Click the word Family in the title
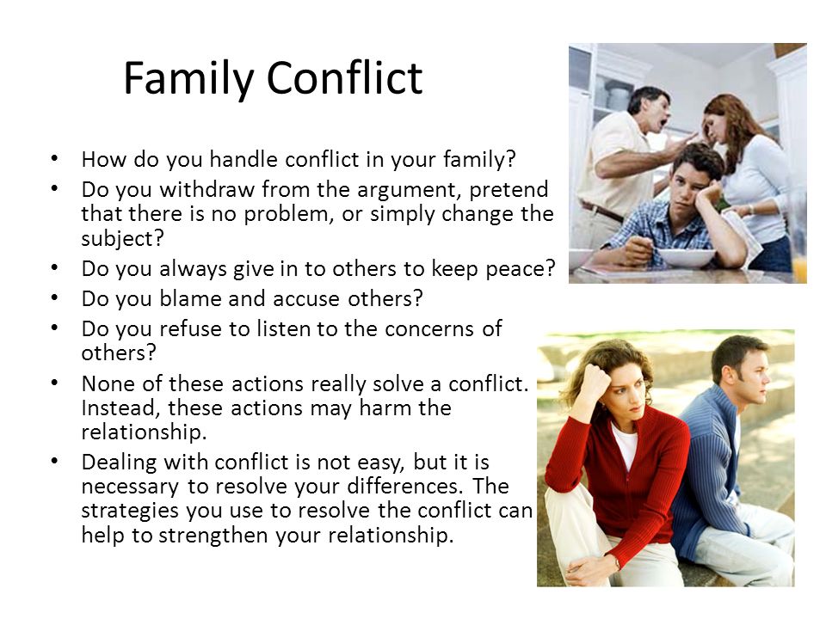(x=189, y=78)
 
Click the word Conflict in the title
(x=344, y=77)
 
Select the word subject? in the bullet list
(x=123, y=238)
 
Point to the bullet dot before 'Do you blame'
(x=55, y=297)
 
